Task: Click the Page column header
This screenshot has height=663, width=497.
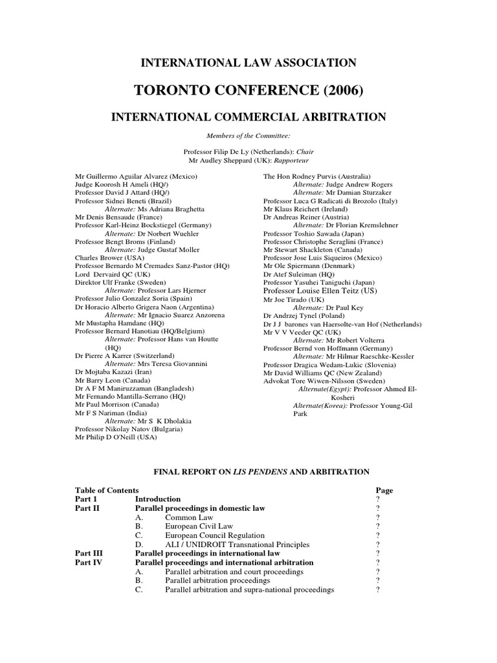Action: click(384, 491)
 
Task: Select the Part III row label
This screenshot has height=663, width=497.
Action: click(89, 554)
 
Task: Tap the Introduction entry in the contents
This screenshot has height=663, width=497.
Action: click(158, 499)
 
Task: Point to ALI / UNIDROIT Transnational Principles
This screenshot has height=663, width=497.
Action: click(237, 545)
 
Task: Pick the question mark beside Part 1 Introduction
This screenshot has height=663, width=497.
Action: click(377, 499)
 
